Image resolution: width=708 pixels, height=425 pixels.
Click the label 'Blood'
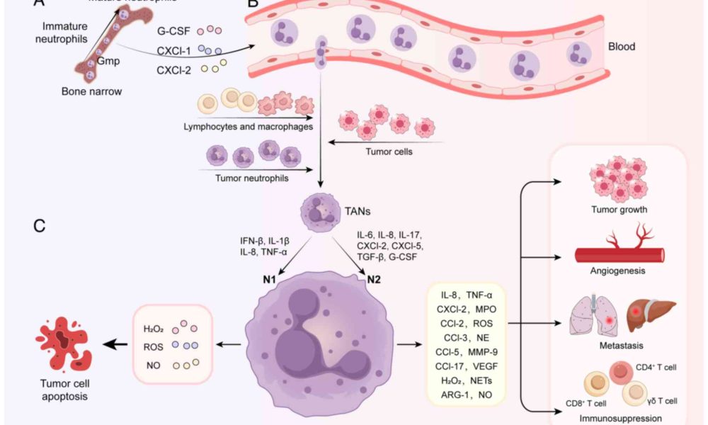pos(622,47)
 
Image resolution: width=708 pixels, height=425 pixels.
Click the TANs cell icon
pos(316,210)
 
